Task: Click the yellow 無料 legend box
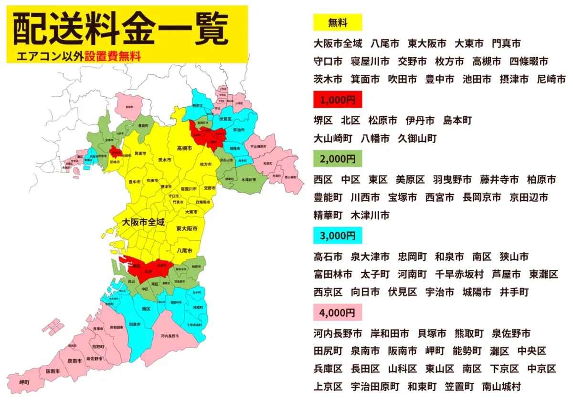click(x=337, y=23)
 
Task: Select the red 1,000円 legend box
click(x=337, y=100)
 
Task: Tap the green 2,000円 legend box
click(x=337, y=158)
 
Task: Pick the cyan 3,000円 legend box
click(x=337, y=236)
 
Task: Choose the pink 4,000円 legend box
click(x=337, y=313)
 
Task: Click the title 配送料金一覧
click(x=120, y=30)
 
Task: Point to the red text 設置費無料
click(x=113, y=56)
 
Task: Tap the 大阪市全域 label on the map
click(x=143, y=222)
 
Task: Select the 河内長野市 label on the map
click(x=170, y=336)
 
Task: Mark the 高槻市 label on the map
click(x=184, y=149)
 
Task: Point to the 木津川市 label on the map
click(x=248, y=180)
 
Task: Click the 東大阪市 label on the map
click(x=187, y=229)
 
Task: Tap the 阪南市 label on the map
click(x=53, y=371)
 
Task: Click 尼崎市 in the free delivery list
click(x=551, y=79)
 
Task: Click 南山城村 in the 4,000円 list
click(x=501, y=387)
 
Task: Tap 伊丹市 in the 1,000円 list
click(x=420, y=121)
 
